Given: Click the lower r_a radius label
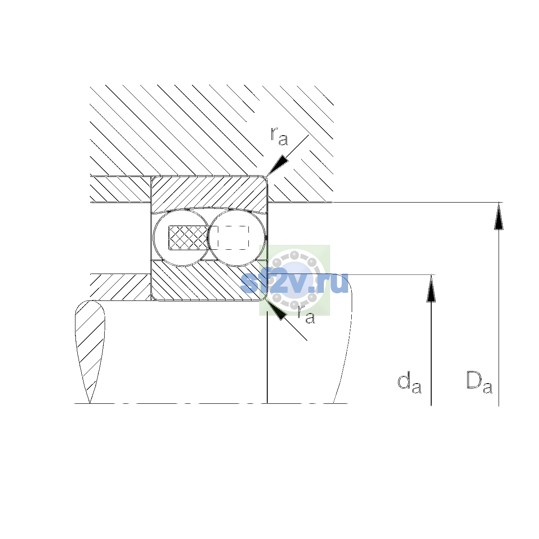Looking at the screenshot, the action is (306, 315).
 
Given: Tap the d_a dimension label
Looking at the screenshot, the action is (409, 382).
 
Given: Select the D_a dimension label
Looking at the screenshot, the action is (479, 382).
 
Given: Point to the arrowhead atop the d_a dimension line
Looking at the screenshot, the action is (431, 288).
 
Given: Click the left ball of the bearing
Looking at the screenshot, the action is (181, 238).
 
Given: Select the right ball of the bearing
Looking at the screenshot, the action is (237, 238).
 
